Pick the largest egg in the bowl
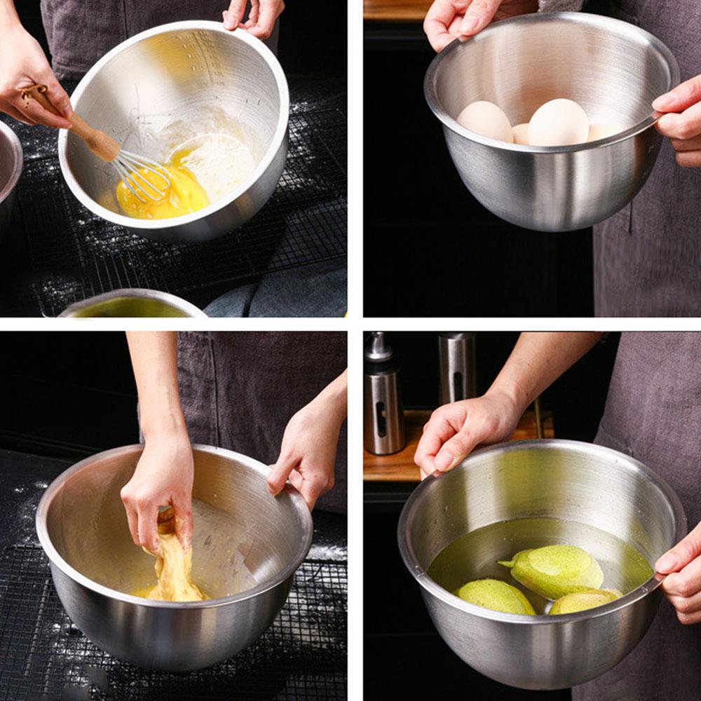click(558, 123)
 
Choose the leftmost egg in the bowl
click(484, 121)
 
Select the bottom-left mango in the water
click(494, 597)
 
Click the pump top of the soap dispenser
click(379, 347)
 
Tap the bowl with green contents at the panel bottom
click(130, 305)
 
